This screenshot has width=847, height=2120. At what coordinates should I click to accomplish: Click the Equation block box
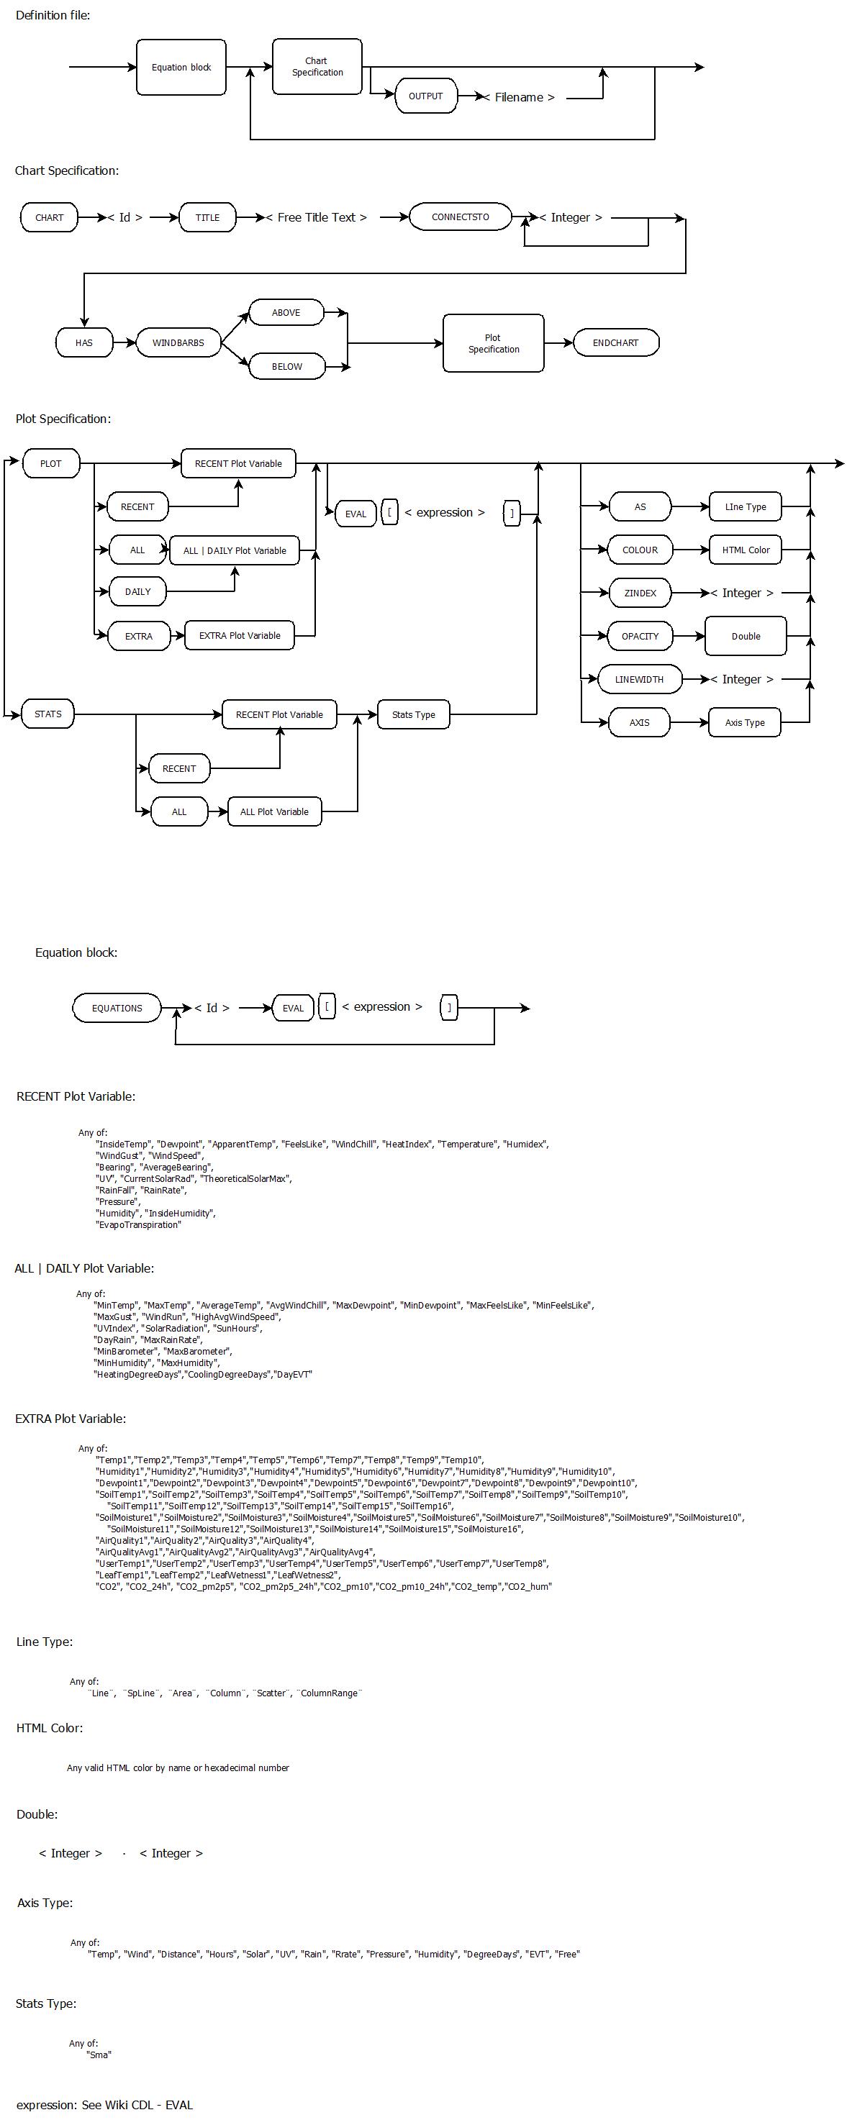tap(181, 67)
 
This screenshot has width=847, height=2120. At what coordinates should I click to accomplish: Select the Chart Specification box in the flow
tap(317, 67)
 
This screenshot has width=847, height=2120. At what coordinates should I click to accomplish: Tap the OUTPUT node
tap(425, 96)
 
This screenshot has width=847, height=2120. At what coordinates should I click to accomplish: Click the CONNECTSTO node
tap(460, 217)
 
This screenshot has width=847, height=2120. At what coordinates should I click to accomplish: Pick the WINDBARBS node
tap(178, 342)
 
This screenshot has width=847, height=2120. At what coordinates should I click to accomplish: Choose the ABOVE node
tap(286, 313)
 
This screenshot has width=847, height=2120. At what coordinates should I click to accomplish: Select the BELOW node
tap(286, 366)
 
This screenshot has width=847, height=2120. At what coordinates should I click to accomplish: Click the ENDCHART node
tap(616, 342)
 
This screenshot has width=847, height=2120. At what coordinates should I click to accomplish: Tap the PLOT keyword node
tap(51, 463)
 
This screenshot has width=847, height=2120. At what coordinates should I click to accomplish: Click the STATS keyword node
tap(47, 714)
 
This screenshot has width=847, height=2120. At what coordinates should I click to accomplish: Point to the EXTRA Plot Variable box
tap(240, 635)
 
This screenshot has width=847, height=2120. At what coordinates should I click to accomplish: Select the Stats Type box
tap(413, 714)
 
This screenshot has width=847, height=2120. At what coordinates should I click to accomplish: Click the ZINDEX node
tap(640, 593)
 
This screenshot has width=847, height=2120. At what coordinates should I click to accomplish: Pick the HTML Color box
tap(746, 550)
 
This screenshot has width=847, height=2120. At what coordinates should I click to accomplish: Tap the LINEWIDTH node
tap(639, 679)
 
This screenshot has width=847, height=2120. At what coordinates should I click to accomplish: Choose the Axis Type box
tap(745, 722)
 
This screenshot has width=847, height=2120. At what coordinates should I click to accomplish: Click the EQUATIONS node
tap(117, 1007)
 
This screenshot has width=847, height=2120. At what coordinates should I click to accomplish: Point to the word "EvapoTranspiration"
tap(138, 1224)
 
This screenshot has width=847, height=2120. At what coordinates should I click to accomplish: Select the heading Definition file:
tap(53, 15)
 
